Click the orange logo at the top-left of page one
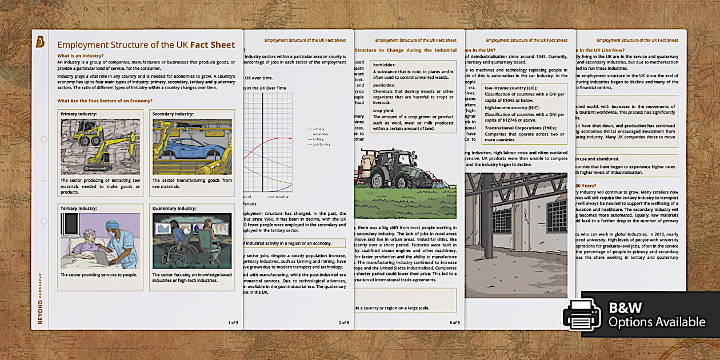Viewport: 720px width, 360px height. [41, 41]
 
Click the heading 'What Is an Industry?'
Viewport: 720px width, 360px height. [80, 55]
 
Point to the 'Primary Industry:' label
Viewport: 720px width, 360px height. [79, 114]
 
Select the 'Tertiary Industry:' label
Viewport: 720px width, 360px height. [80, 208]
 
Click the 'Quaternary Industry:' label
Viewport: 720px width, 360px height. [174, 208]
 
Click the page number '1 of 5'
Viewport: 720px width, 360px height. [233, 322]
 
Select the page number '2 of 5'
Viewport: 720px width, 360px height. [343, 322]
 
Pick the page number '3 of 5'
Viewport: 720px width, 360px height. [454, 322]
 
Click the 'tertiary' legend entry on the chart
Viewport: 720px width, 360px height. [318, 139]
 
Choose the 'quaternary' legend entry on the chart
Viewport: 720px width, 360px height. [320, 145]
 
